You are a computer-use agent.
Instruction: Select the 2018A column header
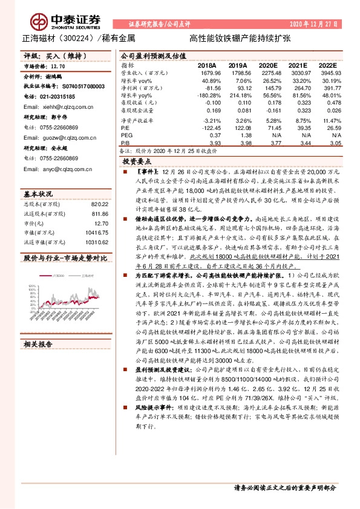207,65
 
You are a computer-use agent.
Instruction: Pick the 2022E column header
326,65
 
